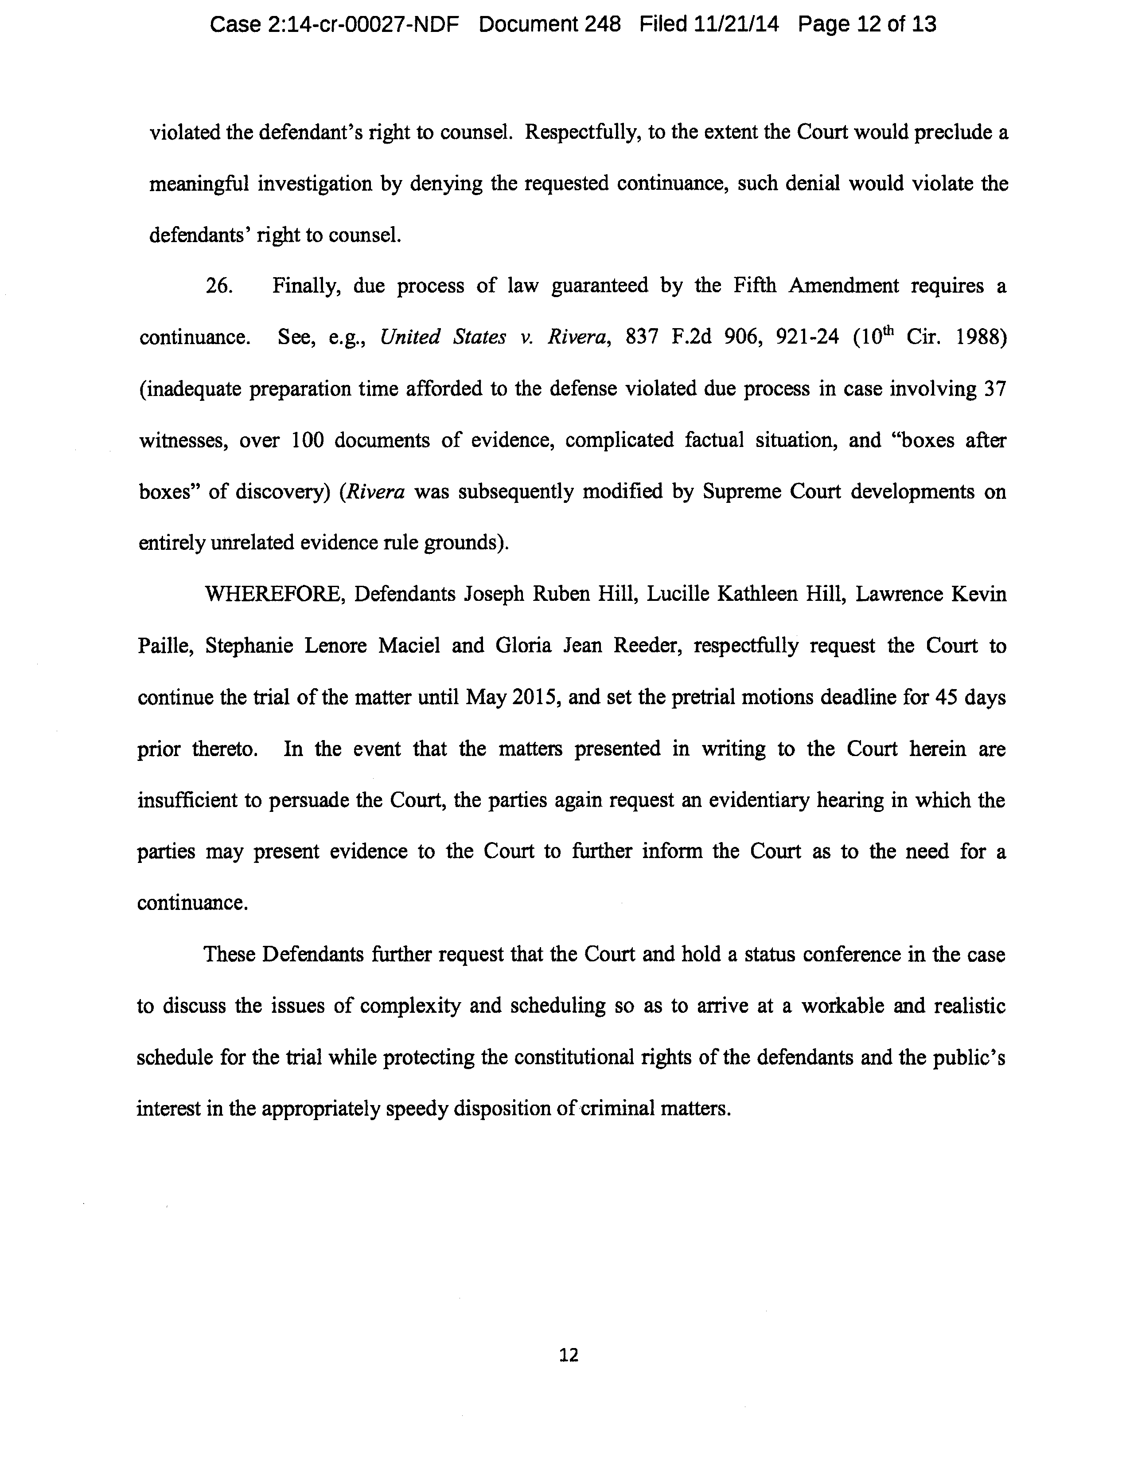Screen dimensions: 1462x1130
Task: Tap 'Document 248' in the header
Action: tap(550, 25)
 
